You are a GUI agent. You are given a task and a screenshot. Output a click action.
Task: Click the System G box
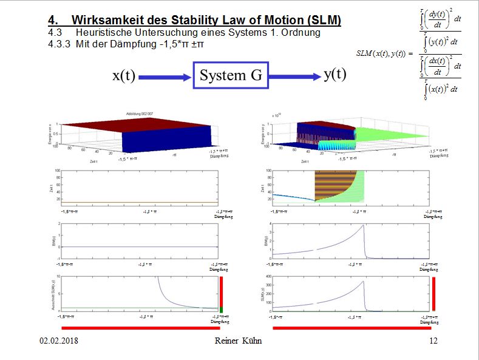[231, 75]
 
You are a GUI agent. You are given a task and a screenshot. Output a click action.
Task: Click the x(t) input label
[124, 76]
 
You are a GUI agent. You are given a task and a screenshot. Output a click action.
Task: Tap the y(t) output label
[335, 74]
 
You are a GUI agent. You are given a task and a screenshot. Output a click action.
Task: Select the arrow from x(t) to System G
[165, 77]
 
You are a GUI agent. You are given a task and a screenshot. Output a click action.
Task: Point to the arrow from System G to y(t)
[294, 76]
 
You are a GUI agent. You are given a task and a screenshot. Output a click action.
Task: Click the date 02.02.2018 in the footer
[59, 341]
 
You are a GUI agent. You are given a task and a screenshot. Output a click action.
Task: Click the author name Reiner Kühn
[239, 341]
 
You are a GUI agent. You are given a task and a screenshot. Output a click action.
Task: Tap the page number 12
[433, 341]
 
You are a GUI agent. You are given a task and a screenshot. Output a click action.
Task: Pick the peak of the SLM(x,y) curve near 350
[362, 281]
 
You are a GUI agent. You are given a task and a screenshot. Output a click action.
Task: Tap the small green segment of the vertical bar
[222, 310]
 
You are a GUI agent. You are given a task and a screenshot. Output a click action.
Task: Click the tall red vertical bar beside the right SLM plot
[433, 294]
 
